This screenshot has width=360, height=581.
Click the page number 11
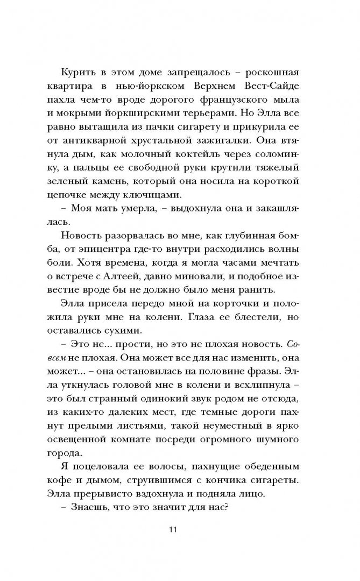click(173, 529)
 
